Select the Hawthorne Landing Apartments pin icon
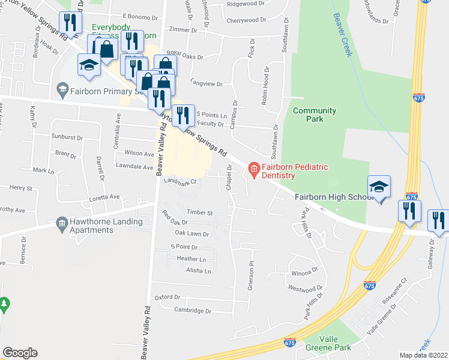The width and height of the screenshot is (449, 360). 61,224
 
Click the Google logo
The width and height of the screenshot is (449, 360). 20,353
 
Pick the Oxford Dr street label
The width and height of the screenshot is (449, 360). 167,297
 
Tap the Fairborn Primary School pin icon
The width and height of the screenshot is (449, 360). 61,90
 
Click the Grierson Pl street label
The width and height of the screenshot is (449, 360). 252,275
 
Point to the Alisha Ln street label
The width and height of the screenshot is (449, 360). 198,271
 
